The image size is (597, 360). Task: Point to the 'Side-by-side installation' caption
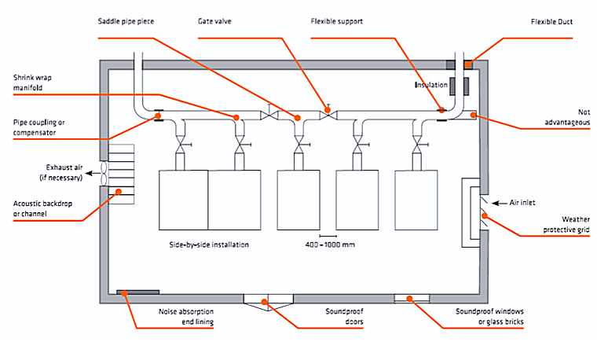coord(208,244)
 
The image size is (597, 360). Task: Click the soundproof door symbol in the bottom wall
coord(267,300)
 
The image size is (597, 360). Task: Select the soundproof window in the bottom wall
coord(411,298)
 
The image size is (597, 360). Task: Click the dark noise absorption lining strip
coord(132,292)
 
